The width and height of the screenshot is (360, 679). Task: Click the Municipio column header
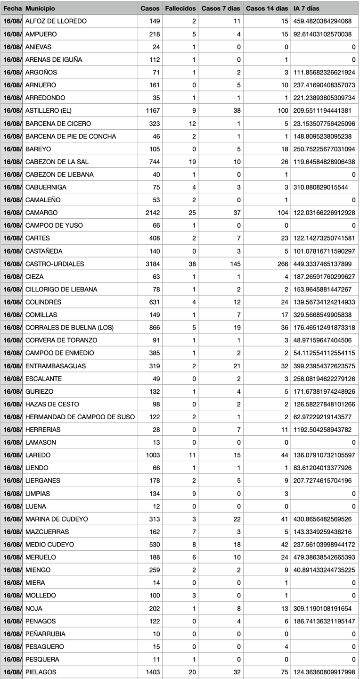click(x=40, y=8)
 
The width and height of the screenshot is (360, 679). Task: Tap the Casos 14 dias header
click(x=267, y=8)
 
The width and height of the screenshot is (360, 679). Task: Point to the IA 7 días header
click(x=306, y=8)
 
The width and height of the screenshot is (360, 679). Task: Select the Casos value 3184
click(x=153, y=264)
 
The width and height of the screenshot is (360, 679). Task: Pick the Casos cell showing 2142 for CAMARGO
click(x=153, y=213)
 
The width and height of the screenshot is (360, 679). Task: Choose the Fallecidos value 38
click(x=192, y=264)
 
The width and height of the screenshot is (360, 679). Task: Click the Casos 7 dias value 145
click(x=236, y=264)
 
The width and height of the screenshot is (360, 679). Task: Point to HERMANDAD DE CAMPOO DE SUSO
click(x=80, y=417)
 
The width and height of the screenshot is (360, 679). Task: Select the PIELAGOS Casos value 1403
click(x=153, y=672)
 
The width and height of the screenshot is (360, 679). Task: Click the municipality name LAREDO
click(x=38, y=455)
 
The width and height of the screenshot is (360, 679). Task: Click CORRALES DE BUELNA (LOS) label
click(x=69, y=327)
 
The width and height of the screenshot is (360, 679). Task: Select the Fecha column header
click(x=12, y=8)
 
